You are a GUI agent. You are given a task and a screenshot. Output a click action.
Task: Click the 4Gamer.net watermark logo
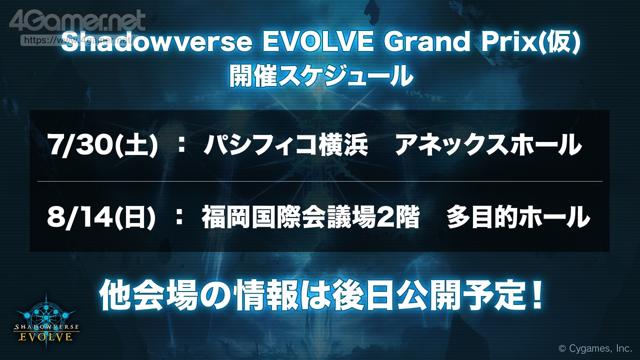[x=77, y=21]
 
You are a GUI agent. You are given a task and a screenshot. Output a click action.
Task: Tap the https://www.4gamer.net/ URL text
[x=77, y=40]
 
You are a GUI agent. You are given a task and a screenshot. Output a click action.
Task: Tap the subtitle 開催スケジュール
[x=321, y=75]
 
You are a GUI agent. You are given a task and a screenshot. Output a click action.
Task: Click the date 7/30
[x=81, y=144]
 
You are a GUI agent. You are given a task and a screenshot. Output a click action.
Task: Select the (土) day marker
[x=136, y=145]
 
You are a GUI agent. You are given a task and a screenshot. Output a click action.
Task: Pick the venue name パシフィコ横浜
[x=285, y=145]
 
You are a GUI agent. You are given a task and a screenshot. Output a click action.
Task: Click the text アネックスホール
[x=488, y=145]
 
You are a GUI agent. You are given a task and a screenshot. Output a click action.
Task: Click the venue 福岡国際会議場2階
[x=310, y=217]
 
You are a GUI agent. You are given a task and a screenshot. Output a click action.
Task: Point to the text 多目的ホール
[x=518, y=217]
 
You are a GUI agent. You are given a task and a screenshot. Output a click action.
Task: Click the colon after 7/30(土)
[x=181, y=145]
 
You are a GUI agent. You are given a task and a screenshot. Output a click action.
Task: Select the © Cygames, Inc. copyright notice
[x=595, y=348]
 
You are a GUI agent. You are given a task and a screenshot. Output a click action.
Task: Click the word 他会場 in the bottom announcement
[x=149, y=295]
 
